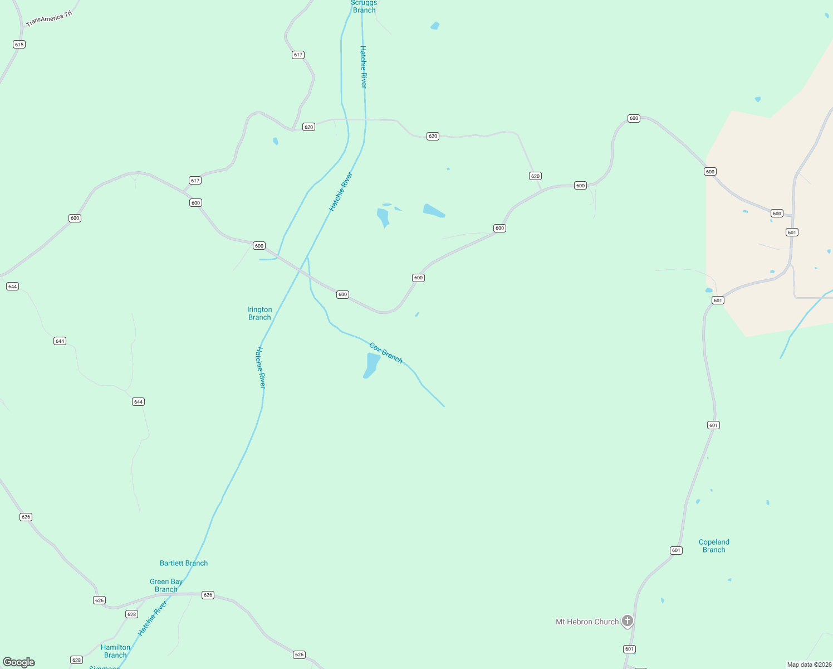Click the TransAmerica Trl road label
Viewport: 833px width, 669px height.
point(49,19)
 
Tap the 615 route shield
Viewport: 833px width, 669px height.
point(19,45)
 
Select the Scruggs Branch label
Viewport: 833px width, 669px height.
point(364,7)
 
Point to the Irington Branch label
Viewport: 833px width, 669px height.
point(259,313)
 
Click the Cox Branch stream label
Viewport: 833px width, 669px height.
point(386,353)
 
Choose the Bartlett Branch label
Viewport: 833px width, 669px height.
point(184,563)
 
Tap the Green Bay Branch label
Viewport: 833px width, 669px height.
point(166,585)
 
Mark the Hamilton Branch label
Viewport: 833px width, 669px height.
point(115,651)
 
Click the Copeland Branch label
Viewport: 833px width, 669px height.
point(714,546)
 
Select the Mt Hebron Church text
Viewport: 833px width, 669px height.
point(587,622)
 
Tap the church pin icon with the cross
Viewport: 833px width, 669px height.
point(628,620)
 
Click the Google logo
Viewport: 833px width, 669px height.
point(19,662)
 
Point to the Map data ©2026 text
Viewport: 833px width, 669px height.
point(809,665)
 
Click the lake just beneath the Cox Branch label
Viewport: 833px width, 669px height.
point(371,365)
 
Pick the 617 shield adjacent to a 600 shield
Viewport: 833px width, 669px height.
point(195,181)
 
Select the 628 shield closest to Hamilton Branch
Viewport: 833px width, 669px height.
point(77,660)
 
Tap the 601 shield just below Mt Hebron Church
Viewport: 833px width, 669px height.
point(629,649)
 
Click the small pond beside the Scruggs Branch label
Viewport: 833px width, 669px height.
point(435,26)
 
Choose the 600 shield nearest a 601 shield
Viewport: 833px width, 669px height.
point(777,214)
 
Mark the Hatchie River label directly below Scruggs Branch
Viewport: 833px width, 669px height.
point(364,67)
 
